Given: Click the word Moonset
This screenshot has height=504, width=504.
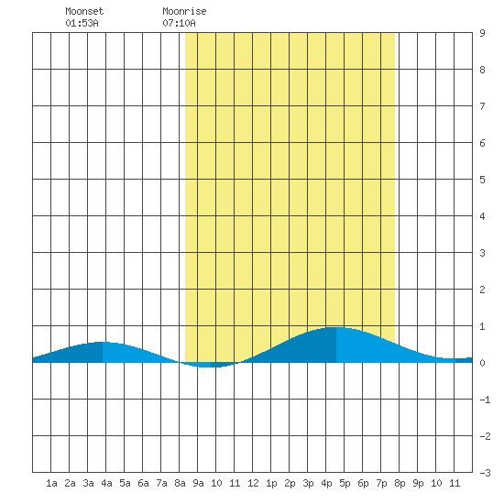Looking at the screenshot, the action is pos(84,11).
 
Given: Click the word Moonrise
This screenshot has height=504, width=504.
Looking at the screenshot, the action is pos(184,11).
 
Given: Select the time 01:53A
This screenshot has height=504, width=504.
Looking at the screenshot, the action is pos(82,23).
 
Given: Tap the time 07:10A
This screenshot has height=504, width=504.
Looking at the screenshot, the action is pos(179,23).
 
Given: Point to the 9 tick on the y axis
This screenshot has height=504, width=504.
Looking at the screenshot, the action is pos(482,33).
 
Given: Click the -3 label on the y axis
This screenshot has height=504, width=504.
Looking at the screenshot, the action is pos(485,473).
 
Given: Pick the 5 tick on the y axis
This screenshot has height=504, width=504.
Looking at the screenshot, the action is pos(482,180).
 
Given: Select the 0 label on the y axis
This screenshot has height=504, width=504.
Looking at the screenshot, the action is pos(482,363).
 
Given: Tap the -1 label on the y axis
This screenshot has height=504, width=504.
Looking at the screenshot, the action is pos(485,400).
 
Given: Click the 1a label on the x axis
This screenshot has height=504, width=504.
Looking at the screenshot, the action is pos(51,483).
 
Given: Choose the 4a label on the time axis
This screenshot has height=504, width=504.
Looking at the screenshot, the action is pos(106,483).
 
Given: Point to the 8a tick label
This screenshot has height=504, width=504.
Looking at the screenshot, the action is pos(180,483).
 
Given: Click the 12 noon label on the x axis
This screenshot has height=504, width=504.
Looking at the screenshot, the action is pos(253,483).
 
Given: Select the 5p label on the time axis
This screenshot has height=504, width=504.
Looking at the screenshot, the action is pos(345,483).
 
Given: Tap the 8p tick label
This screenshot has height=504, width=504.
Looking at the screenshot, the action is pos(400,483).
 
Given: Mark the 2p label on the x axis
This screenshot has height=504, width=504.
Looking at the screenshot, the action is pos(290,483).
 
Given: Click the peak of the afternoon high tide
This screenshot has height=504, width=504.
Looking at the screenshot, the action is pos(336,327).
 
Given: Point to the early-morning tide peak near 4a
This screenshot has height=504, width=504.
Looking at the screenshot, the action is pos(103,342).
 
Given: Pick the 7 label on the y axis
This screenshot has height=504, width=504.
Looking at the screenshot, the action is pos(482,106).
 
